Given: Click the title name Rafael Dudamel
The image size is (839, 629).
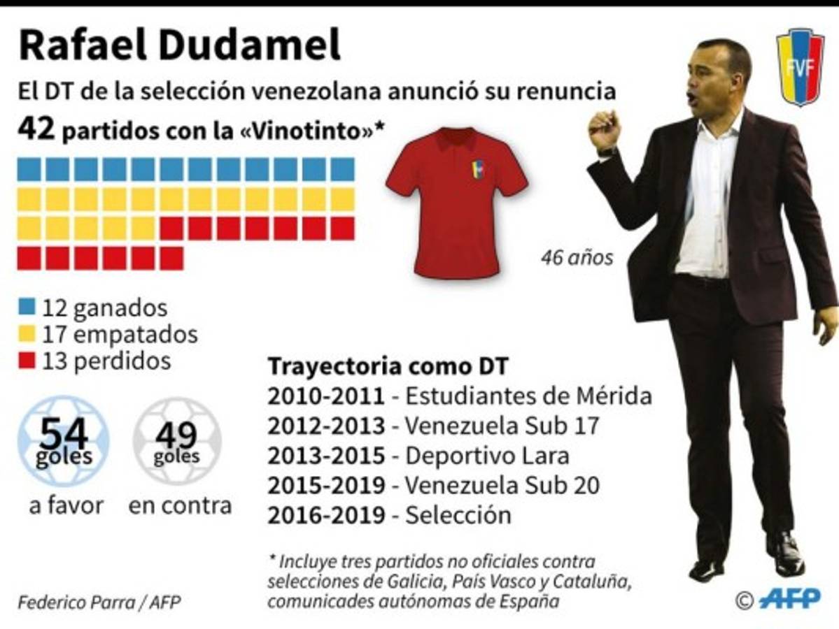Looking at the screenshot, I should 179,47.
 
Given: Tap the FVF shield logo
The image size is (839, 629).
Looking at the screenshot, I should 801,66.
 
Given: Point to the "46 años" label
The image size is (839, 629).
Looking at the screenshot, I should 577,258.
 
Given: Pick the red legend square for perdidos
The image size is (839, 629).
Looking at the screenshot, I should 28,361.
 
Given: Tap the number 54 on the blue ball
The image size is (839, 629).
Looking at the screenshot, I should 64,434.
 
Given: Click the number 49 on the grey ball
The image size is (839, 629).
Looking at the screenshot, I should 176,435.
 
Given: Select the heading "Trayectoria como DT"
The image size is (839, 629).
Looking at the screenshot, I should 388,366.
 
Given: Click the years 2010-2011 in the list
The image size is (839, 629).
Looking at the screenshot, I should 326,396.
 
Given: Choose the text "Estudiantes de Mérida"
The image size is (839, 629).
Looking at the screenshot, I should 528,396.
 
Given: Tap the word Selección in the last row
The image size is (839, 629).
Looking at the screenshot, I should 458,515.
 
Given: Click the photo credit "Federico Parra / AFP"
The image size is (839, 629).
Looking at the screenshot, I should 99,602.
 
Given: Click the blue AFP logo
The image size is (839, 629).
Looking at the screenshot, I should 789,598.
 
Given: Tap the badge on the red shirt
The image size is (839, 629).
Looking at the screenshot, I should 478,168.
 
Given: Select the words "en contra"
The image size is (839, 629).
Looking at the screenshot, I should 180,505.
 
